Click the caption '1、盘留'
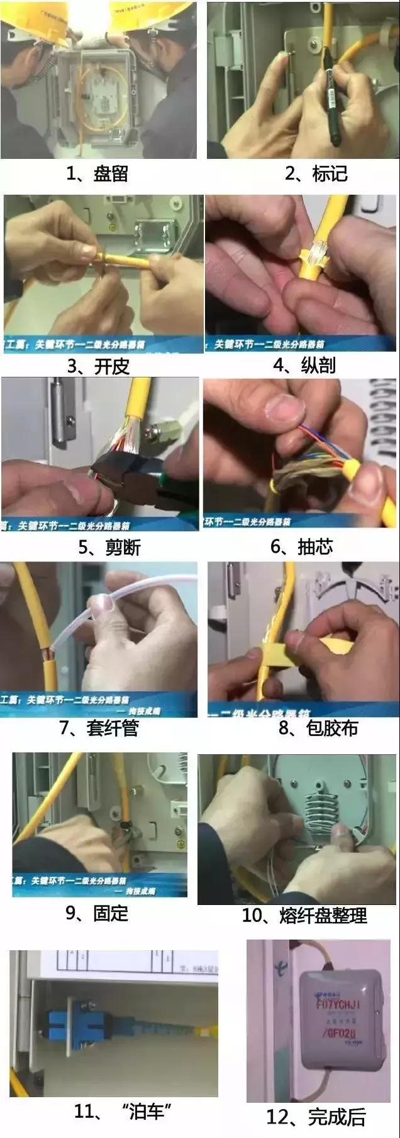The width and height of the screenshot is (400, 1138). tap(97, 173)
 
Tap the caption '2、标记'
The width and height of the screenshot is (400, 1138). tap(316, 173)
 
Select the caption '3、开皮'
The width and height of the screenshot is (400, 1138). tap(98, 366)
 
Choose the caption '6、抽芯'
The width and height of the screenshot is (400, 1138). tap(301, 546)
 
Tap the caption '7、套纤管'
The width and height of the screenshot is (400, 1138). tap(99, 728)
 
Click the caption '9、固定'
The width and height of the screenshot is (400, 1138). tap(97, 913)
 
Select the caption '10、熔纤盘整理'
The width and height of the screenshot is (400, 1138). tap(304, 916)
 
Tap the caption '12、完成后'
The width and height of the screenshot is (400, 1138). tap(316, 1117)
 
